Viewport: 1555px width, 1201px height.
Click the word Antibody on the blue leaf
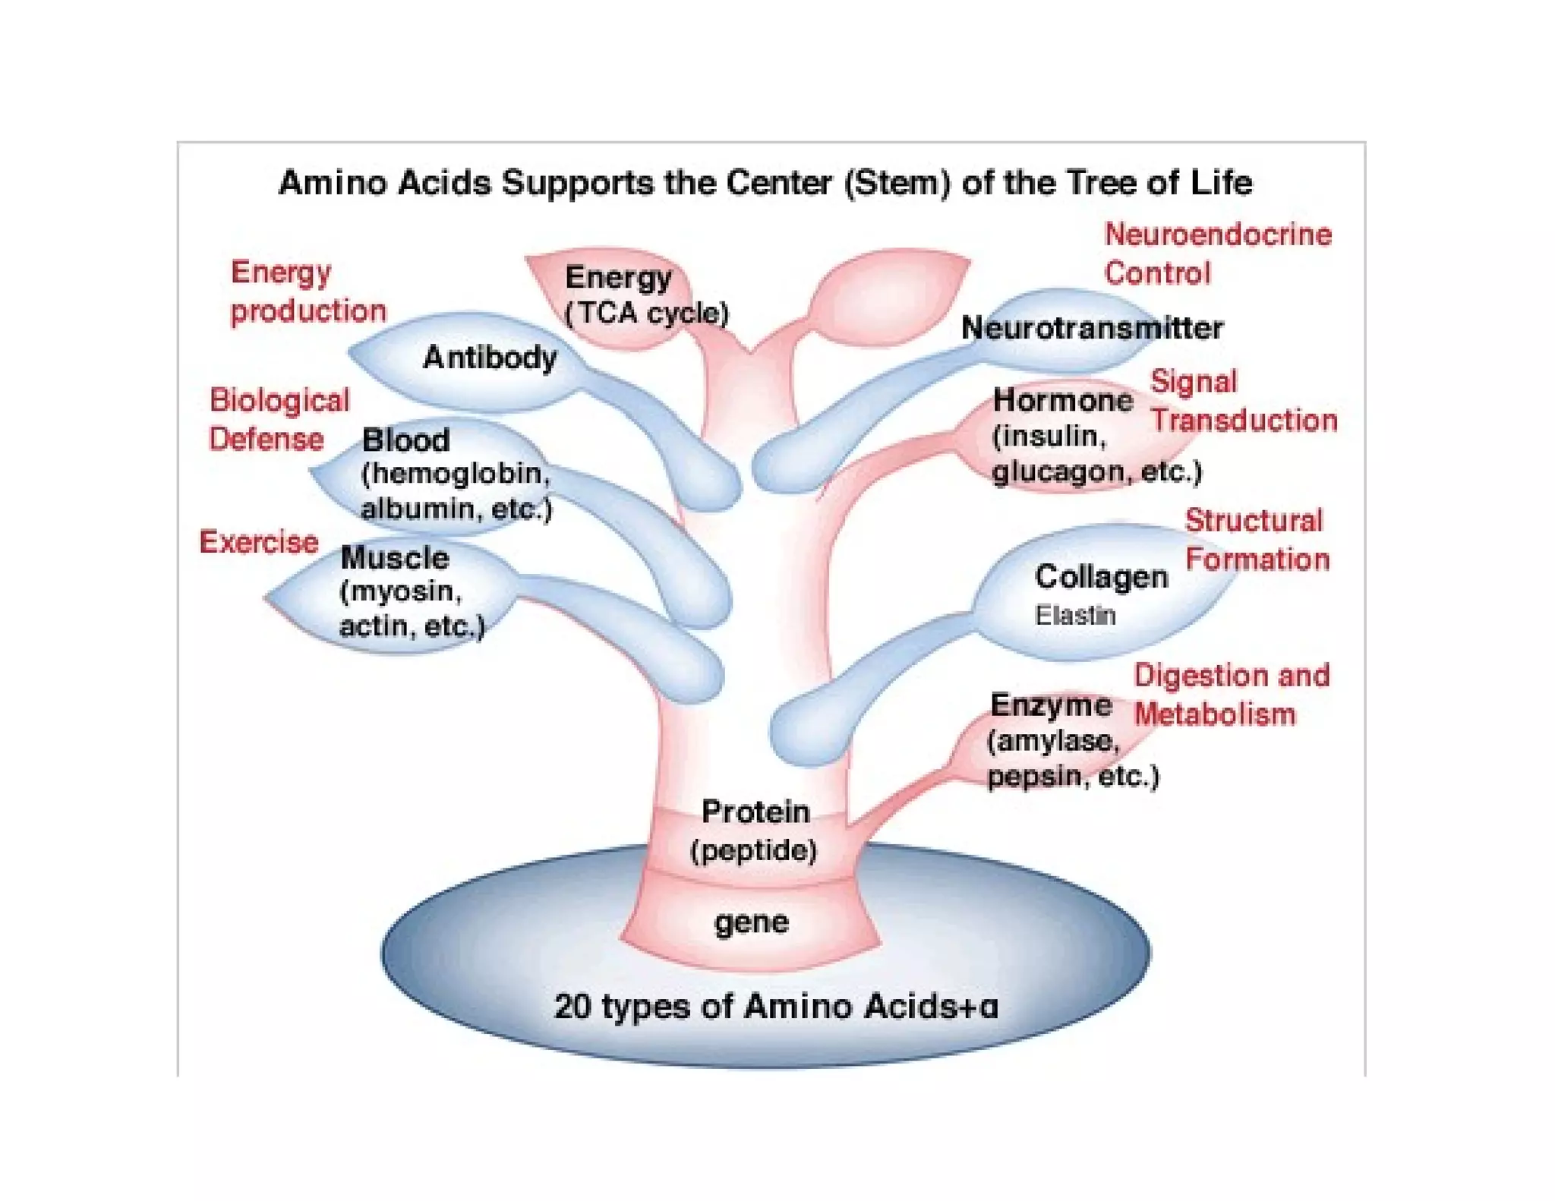[x=490, y=358]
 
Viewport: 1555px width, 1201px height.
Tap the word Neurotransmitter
[x=1092, y=328]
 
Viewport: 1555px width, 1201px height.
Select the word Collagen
[x=1101, y=577]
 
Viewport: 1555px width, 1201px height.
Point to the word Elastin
[x=1075, y=615]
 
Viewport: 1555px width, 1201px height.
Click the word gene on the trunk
[x=751, y=923]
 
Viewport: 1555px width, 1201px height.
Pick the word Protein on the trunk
[x=755, y=812]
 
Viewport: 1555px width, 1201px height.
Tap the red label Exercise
[x=259, y=542]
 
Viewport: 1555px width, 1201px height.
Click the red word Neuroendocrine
[x=1218, y=235]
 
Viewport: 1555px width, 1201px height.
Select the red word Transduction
[x=1244, y=421]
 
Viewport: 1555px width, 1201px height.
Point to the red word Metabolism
[x=1215, y=714]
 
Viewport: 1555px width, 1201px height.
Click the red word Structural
[x=1254, y=521]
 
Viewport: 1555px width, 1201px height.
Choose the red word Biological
[x=279, y=401]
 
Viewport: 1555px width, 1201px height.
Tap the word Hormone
[x=1063, y=400]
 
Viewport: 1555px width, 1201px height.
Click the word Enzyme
[x=1051, y=705]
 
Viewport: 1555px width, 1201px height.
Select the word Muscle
[x=395, y=558]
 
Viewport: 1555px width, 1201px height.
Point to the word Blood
[x=406, y=440]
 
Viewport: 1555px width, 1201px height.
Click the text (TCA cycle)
[x=647, y=313]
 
